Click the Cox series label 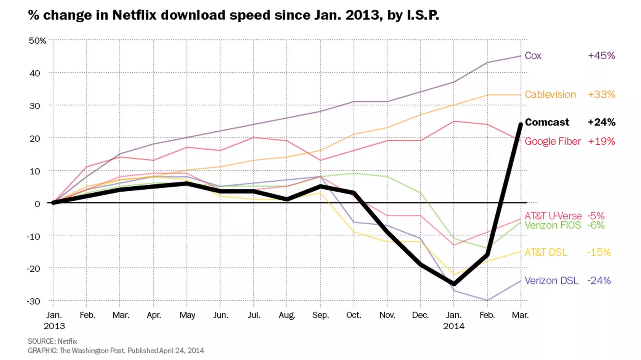pyautogui.click(x=533, y=56)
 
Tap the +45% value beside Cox pyautogui.click(x=601, y=56)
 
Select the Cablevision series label pyautogui.click(x=550, y=95)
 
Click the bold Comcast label pyautogui.click(x=547, y=122)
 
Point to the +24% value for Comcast pyautogui.click(x=601, y=122)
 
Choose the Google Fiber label pyautogui.click(x=552, y=141)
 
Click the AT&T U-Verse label pyautogui.click(x=553, y=216)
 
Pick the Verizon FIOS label pyautogui.click(x=552, y=225)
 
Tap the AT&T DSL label pyautogui.click(x=546, y=252)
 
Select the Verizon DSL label pyautogui.click(x=551, y=280)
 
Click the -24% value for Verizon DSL pyautogui.click(x=599, y=280)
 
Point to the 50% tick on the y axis pyautogui.click(x=37, y=41)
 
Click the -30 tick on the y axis pyautogui.click(x=33, y=301)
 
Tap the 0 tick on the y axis pyautogui.click(x=37, y=204)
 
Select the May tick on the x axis pyautogui.click(x=187, y=315)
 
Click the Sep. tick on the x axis pyautogui.click(x=320, y=315)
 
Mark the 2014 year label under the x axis pyautogui.click(x=454, y=326)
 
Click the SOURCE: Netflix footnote pyautogui.click(x=52, y=341)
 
